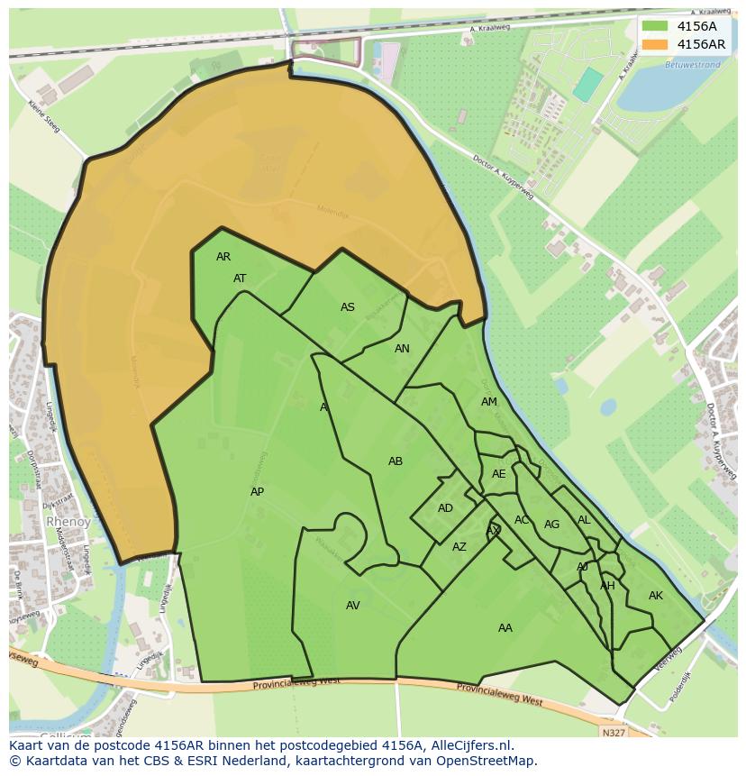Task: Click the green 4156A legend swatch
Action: pos(655,26)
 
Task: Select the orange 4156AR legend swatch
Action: pos(655,44)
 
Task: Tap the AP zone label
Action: pos(258,492)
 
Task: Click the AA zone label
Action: pos(505,628)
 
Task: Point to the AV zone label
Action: pos(353,606)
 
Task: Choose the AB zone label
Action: pos(396,461)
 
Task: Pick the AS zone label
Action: pos(348,307)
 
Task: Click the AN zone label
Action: pos(402,349)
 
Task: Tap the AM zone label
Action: pos(489,402)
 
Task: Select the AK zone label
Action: pos(656,596)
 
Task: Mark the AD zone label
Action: pos(445,508)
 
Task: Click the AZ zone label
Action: pos(459,547)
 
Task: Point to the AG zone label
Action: pos(552,525)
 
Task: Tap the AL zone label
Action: pos(584,520)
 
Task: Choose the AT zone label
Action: pos(240,278)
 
